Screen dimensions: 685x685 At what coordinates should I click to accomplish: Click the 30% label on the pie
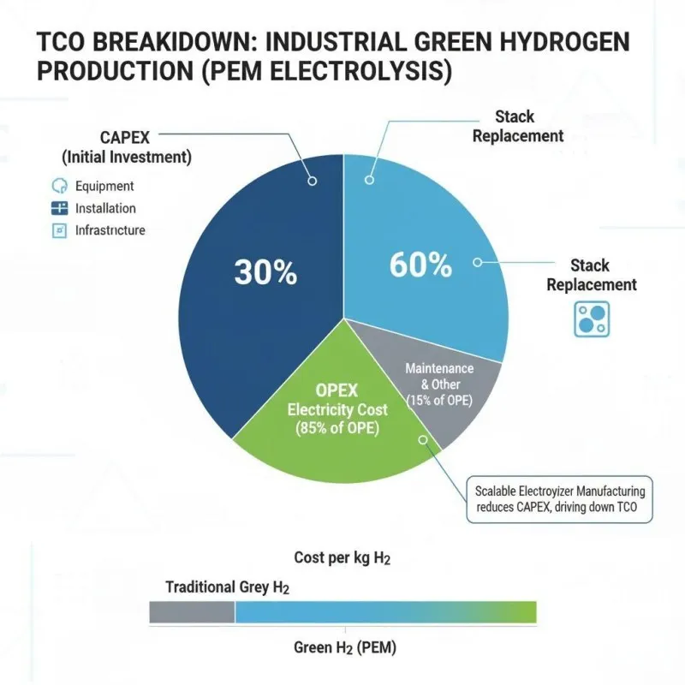(x=265, y=272)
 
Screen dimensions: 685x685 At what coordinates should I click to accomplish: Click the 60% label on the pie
(x=420, y=265)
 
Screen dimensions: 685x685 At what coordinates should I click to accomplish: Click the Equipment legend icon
(x=59, y=186)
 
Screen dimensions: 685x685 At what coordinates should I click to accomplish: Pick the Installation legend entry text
(x=105, y=208)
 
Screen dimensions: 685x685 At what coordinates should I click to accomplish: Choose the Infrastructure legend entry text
(x=110, y=230)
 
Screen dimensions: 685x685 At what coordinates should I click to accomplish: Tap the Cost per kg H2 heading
(x=342, y=558)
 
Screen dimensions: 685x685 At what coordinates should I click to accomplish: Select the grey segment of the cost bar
(x=192, y=611)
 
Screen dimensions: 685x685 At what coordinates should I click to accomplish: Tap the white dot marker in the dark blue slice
(x=312, y=181)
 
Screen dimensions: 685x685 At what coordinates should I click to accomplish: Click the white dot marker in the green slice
(x=423, y=439)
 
